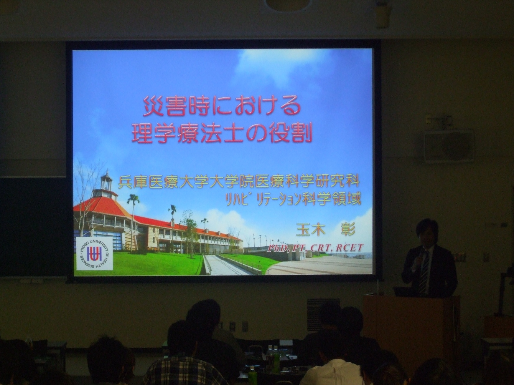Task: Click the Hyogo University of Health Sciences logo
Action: click(94, 254)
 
